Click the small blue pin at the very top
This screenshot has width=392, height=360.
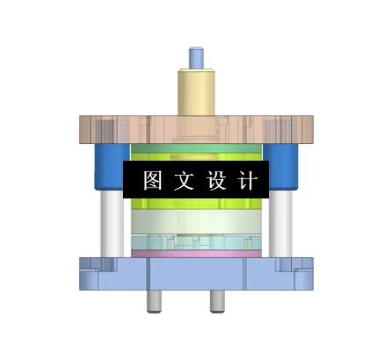(x=196, y=57)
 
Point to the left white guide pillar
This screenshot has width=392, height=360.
(x=111, y=224)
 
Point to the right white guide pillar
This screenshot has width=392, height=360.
(x=282, y=224)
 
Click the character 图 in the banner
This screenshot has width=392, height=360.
(x=153, y=181)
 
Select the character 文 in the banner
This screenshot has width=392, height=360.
(x=183, y=181)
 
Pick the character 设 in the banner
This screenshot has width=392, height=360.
(x=216, y=181)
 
